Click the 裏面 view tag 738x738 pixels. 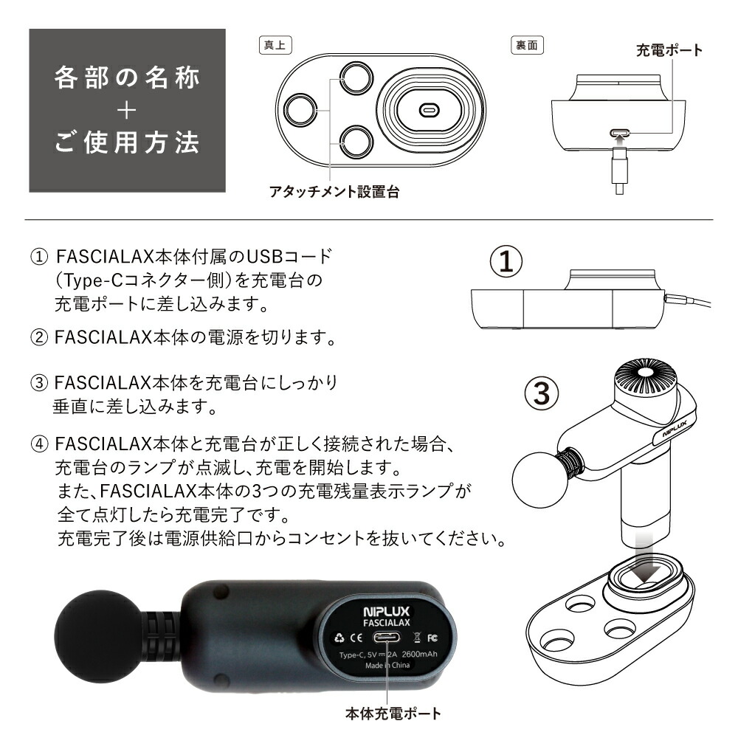527,44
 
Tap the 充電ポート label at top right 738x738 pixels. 669,51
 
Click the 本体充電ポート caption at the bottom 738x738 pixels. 393,714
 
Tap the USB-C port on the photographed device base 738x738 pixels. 387,638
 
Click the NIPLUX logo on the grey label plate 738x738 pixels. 387,612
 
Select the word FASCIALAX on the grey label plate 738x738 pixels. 387,623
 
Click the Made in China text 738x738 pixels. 388,665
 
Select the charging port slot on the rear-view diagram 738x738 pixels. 618,134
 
